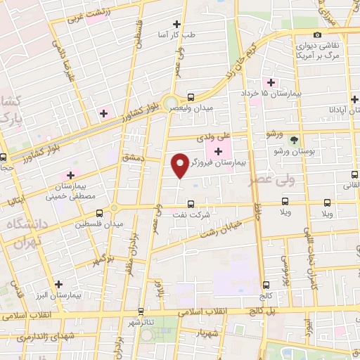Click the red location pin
pyautogui.click(x=181, y=165)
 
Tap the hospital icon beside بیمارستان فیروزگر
pyautogui.click(x=218, y=151)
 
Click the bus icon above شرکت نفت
pyautogui.click(x=191, y=205)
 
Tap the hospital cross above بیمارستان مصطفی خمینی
pyautogui.click(x=70, y=174)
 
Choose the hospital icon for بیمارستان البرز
pyautogui.click(x=58, y=285)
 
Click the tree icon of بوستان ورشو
pyautogui.click(x=294, y=139)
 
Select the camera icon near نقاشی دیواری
pyautogui.click(x=318, y=34)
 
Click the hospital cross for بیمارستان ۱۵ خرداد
pyautogui.click(x=271, y=82)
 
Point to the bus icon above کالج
pyautogui.click(x=266, y=285)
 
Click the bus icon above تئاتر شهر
pyautogui.click(x=141, y=311)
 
